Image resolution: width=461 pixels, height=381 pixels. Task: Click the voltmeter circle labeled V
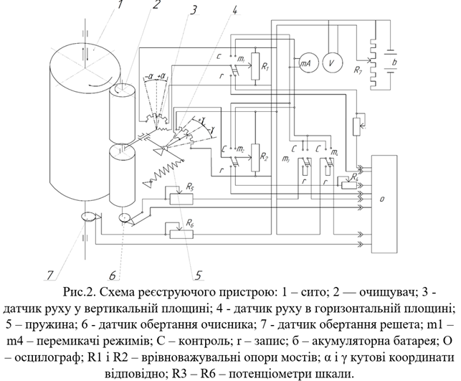[x=331, y=62]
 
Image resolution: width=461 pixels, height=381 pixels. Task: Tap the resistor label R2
[x=265, y=155]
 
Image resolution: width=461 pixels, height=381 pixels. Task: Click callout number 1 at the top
[x=120, y=6]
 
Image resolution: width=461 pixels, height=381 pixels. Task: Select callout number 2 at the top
[x=156, y=6]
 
